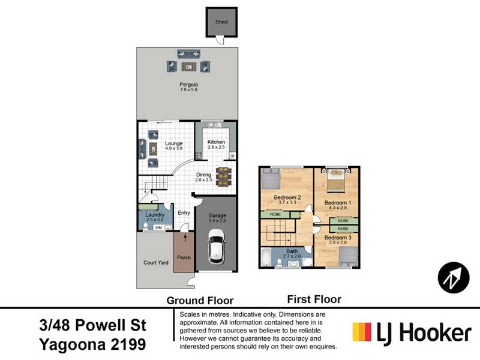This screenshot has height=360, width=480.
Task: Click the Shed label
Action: point(221,22)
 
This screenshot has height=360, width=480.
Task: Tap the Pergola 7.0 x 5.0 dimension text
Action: point(188,89)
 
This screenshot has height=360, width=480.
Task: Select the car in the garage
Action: point(217,247)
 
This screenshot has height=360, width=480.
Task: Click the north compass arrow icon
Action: point(454,278)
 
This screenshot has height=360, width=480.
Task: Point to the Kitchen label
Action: point(216,142)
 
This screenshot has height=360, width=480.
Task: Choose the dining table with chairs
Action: point(223,176)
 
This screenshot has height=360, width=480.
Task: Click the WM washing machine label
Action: point(158,228)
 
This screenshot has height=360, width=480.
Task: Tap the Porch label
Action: point(184,257)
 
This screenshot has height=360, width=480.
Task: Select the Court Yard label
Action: point(156,262)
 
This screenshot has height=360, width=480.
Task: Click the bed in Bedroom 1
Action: point(336,181)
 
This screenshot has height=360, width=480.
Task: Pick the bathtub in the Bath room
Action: point(266,257)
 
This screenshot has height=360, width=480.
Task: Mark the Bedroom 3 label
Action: point(338,237)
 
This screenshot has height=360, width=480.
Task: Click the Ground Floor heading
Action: point(200,301)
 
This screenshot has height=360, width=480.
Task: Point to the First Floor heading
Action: point(314,299)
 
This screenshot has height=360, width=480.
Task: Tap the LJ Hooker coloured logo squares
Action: point(362,332)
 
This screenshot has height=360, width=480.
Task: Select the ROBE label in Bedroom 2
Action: point(275,215)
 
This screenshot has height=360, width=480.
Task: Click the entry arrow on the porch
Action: point(185,238)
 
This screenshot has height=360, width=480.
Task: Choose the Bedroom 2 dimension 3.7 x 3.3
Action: point(287,203)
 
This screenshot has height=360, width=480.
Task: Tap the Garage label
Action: point(217,215)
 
